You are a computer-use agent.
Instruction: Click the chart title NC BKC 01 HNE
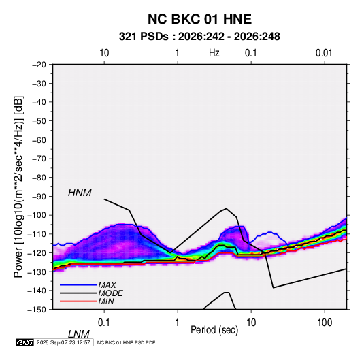pos(199,19)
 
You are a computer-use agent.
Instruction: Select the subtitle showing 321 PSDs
pos(199,37)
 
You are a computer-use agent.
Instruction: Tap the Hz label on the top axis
pos(214,53)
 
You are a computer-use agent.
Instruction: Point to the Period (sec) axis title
pos(214,330)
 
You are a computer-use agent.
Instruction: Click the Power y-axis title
pos(18,187)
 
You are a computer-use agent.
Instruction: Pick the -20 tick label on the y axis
pos(39,65)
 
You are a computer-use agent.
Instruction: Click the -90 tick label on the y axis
pos(39,197)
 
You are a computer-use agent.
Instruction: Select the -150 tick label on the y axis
pos(37,310)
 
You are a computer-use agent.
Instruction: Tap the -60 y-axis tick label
pos(39,140)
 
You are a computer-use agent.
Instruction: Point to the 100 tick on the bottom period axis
pos(325,323)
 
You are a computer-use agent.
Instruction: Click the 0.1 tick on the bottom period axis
pos(103,323)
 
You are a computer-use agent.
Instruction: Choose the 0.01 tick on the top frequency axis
pos(324,53)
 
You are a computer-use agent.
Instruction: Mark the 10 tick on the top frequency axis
pos(104,53)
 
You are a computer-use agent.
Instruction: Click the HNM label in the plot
pos(80,193)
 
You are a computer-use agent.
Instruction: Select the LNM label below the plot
pos(78,334)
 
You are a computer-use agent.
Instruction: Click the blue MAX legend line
pos(78,284)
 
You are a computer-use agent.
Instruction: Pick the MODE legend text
pos(110,293)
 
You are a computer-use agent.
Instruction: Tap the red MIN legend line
pos(78,301)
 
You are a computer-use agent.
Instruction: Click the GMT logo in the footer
pos(24,342)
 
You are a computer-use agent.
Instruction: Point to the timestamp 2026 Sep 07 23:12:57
pos(63,342)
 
